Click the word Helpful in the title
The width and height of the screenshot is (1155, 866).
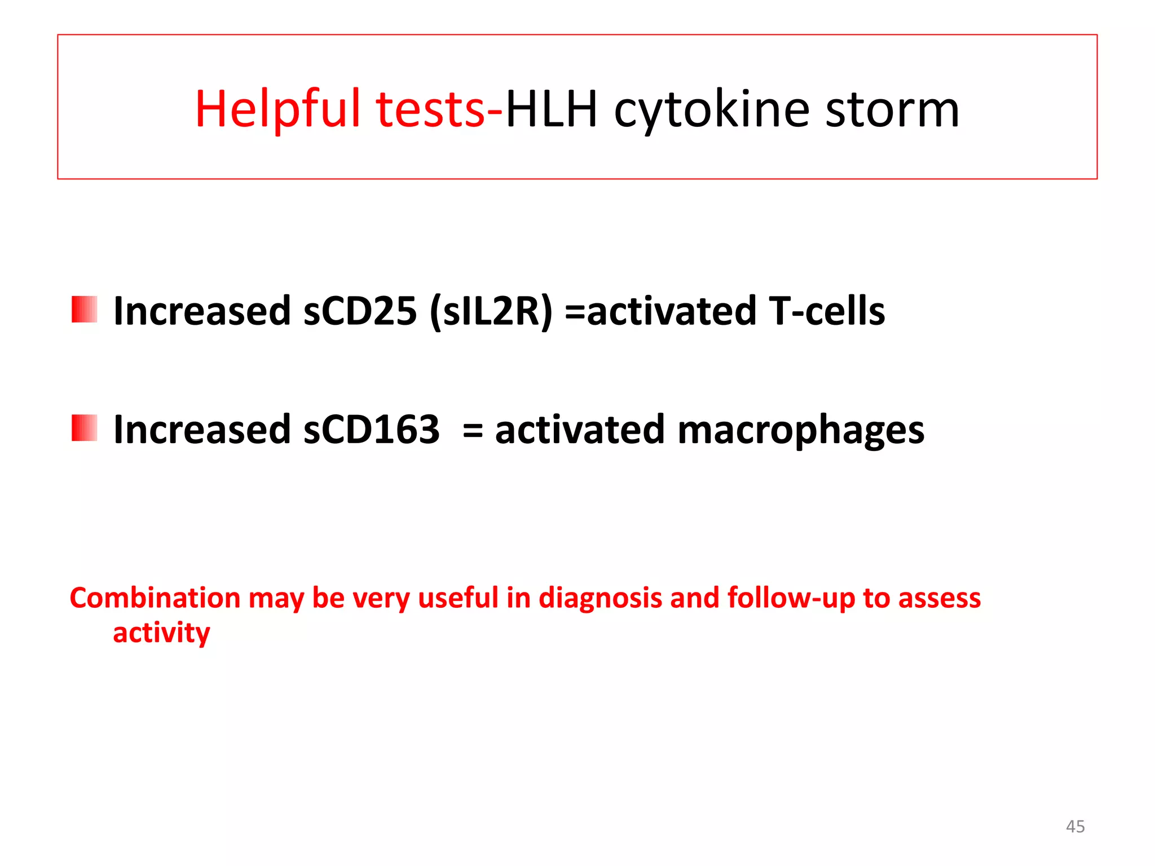coord(277,110)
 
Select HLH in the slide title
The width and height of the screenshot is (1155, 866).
coord(551,110)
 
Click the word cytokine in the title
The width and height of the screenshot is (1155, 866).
coord(712,110)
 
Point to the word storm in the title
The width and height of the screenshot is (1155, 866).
coord(892,110)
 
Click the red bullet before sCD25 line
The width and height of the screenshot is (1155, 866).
coord(85,310)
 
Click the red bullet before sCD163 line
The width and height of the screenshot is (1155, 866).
coord(85,428)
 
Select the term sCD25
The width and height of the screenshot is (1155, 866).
coord(360,311)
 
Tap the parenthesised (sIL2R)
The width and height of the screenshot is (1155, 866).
coord(491,311)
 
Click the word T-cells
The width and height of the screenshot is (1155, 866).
coord(827,311)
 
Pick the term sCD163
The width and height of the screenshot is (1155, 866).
coord(371,430)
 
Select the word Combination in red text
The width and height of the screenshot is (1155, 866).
coord(155,598)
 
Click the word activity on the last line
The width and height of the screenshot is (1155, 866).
coord(161,633)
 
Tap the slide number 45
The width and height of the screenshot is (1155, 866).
coord(1075,827)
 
